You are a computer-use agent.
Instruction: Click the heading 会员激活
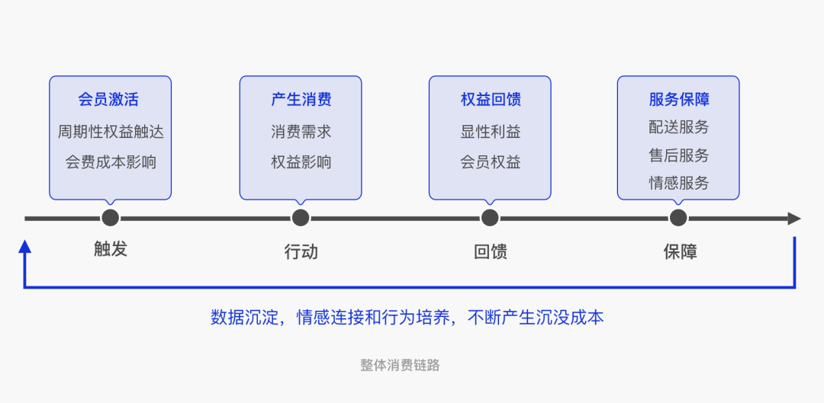coord(110,100)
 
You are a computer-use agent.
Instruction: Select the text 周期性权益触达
coord(111,132)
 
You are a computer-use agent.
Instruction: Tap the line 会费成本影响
coord(111,162)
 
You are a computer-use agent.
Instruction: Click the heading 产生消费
coord(301,100)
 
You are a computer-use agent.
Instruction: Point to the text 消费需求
coord(301,132)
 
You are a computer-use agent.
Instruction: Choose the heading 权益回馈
coord(490,100)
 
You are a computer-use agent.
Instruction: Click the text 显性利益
coord(490,132)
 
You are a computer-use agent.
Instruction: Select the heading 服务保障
coord(678,100)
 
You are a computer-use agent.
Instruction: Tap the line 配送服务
coord(678,127)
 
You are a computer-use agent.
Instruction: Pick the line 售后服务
coord(678,155)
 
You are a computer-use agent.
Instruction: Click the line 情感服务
coord(678,183)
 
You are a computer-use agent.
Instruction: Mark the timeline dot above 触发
coord(111,219)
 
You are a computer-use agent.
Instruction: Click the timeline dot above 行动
coord(301,219)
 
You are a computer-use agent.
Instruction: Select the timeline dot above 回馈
coord(490,219)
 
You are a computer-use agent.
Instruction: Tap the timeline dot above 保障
coord(678,219)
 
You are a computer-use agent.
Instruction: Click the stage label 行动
coord(301,251)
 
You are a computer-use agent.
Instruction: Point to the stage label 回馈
coord(490,251)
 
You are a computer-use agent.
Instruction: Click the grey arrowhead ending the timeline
coord(794,219)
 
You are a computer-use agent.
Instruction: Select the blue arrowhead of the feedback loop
coord(25,245)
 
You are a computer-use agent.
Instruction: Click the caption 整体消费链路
coord(400,365)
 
